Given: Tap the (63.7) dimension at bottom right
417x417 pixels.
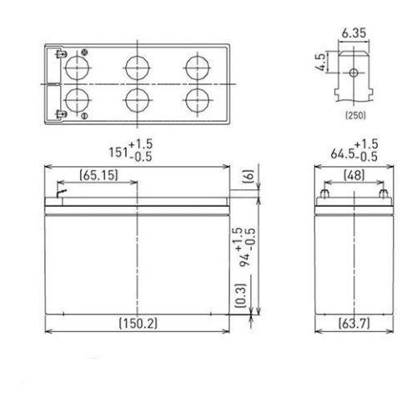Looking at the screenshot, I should [x=351, y=324].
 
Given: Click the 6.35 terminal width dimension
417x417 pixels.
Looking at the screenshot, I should [x=351, y=35].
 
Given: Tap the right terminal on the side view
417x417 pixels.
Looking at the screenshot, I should [x=382, y=196].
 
